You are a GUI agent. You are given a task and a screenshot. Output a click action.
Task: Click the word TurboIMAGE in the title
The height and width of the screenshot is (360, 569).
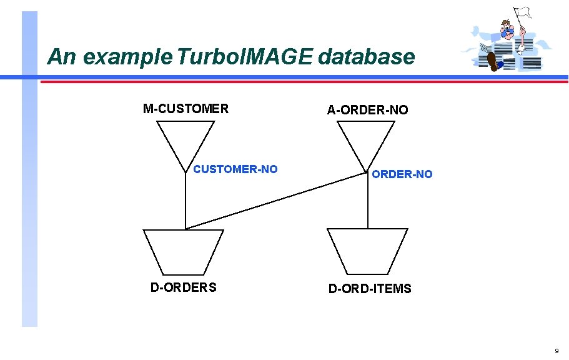tap(245, 57)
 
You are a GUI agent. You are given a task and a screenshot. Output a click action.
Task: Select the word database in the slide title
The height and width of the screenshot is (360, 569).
tap(366, 57)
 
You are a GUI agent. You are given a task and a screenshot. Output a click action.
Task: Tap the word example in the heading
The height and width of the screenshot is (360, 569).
tap(124, 57)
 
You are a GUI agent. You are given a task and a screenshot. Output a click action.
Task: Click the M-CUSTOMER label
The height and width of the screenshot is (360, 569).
tap(186, 109)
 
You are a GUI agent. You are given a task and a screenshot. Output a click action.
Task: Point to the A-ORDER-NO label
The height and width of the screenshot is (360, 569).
tap(368, 110)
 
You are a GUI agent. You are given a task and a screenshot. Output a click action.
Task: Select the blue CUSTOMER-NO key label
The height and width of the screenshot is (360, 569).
tap(235, 169)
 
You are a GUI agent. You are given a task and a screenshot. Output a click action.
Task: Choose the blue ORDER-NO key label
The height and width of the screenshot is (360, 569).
tap(402, 174)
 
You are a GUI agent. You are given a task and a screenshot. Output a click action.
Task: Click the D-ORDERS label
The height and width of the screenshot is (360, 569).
tap(184, 287)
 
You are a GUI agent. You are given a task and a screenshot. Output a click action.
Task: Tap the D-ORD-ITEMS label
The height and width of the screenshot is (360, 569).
tap(370, 289)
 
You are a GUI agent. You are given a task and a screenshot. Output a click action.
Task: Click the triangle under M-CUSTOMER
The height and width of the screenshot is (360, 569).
tap(186, 141)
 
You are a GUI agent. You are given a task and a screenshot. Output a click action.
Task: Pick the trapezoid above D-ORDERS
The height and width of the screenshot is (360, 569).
tap(184, 251)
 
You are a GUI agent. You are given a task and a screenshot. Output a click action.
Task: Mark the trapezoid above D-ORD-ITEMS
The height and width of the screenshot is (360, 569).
tap(368, 251)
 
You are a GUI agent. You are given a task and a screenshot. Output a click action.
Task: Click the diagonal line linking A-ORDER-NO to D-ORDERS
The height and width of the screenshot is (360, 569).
tap(275, 201)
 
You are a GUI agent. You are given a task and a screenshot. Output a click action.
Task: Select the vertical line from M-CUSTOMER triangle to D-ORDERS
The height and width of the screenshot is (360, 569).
tap(186, 200)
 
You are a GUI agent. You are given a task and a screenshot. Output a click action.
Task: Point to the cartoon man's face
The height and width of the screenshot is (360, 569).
tap(507, 27)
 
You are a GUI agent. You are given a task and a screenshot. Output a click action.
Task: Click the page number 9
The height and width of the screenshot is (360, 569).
tap(557, 351)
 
